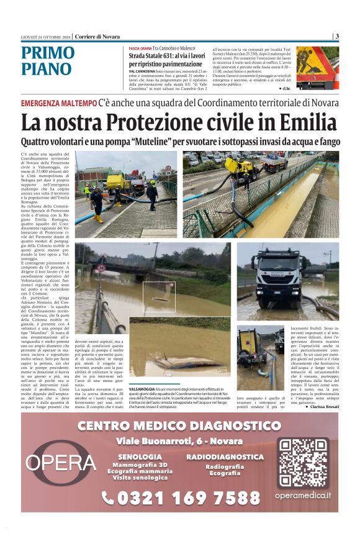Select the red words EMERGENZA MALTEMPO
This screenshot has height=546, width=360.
(59, 102)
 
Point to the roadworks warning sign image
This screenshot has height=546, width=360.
(318, 67)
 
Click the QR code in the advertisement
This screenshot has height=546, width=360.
(302, 463)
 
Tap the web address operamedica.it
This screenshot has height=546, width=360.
(303, 495)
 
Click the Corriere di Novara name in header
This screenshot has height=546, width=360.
(97, 36)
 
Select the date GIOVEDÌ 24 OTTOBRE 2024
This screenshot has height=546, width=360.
(46, 36)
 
